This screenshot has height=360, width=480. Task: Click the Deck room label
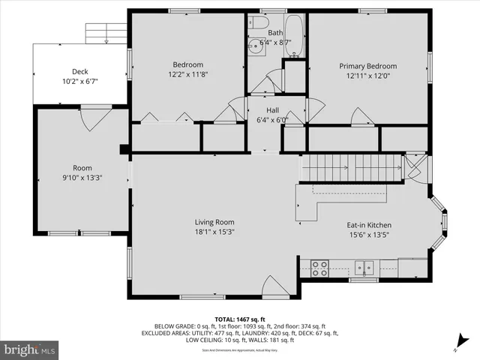point(79,71)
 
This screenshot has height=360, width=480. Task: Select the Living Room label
point(214,222)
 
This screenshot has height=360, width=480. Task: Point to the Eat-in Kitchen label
point(368,225)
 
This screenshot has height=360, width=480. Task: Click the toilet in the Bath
point(258,22)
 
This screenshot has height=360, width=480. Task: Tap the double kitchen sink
point(365,266)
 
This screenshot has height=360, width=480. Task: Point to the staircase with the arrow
point(352,167)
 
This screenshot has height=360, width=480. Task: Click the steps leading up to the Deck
point(106,33)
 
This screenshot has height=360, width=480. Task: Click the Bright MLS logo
point(30,349)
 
